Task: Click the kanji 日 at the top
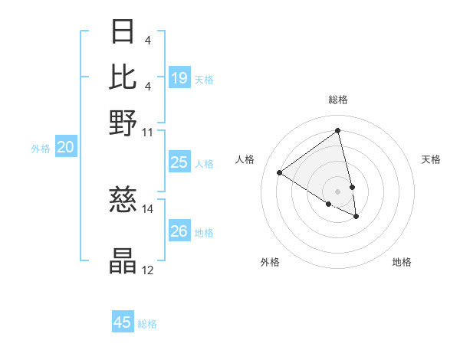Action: pyautogui.click(x=123, y=33)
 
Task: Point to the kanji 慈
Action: pyautogui.click(x=123, y=200)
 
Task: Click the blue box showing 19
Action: pyautogui.click(x=179, y=78)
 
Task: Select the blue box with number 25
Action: pyautogui.click(x=179, y=162)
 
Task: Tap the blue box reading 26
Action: pyautogui.click(x=179, y=231)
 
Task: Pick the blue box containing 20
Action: pyautogui.click(x=65, y=148)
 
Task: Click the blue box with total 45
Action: pyautogui.click(x=123, y=322)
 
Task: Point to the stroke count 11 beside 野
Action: pyautogui.click(x=148, y=132)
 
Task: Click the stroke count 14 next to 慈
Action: pyautogui.click(x=148, y=208)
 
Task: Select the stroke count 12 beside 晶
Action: pyautogui.click(x=148, y=270)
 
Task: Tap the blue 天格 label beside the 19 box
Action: pyautogui.click(x=204, y=80)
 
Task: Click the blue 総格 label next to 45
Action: pyautogui.click(x=147, y=324)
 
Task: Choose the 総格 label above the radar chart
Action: pyautogui.click(x=337, y=100)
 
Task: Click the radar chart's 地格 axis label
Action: pyautogui.click(x=402, y=262)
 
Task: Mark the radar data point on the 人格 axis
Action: pyautogui.click(x=280, y=173)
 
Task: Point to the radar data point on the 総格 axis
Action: pyautogui.click(x=337, y=131)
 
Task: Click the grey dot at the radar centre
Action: pyautogui.click(x=337, y=191)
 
